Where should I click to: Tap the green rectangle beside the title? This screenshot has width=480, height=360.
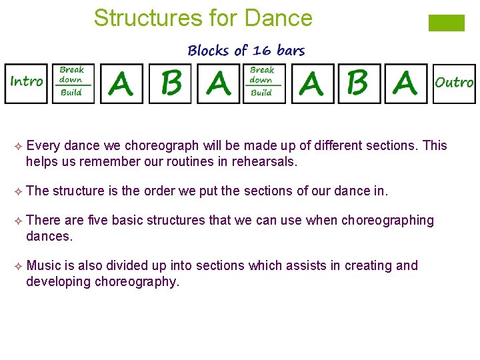pyautogui.click(x=446, y=23)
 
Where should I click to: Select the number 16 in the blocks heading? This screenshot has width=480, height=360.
pyautogui.click(x=261, y=51)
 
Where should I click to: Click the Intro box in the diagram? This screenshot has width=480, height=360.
pyautogui.click(x=27, y=83)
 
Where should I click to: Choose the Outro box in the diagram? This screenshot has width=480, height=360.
pyautogui.click(x=454, y=83)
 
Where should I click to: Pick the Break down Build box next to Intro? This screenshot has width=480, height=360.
pyautogui.click(x=73, y=83)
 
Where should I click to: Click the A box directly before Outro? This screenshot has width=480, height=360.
pyautogui.click(x=405, y=83)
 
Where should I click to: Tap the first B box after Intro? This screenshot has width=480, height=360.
pyautogui.click(x=171, y=83)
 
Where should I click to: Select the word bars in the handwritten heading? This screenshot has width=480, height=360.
pyautogui.click(x=291, y=51)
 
